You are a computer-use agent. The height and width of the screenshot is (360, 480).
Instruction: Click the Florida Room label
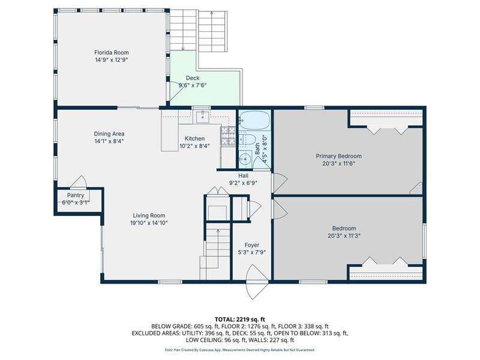pyautogui.click(x=112, y=52)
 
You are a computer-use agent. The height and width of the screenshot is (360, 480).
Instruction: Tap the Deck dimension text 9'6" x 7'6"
pyautogui.click(x=193, y=85)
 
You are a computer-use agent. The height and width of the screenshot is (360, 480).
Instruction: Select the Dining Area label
pyautogui.click(x=109, y=134)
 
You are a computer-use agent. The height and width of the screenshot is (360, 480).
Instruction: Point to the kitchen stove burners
pyautogui.click(x=227, y=136)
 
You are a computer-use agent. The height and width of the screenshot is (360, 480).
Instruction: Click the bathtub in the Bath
pyautogui.click(x=254, y=121)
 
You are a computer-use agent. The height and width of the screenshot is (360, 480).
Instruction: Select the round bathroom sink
pyautogui.click(x=245, y=159)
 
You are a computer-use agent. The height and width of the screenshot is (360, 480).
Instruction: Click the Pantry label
pyautogui.click(x=76, y=196)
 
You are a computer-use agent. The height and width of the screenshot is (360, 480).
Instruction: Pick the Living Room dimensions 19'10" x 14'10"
pyautogui.click(x=149, y=223)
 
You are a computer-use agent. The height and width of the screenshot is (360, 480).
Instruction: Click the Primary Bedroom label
pyautogui.click(x=338, y=156)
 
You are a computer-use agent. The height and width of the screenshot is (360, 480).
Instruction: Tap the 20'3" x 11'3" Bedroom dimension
pyautogui.click(x=344, y=236)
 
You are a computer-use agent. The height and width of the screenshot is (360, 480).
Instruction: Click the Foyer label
pyautogui.click(x=251, y=245)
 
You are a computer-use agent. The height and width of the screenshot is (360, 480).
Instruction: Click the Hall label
pyautogui.click(x=244, y=176)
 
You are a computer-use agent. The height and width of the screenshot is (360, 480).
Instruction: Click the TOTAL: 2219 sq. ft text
pyautogui.click(x=239, y=320)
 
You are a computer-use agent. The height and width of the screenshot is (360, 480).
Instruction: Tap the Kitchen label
pyautogui.click(x=194, y=139)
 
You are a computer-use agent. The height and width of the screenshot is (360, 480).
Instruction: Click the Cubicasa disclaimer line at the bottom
pyautogui.click(x=239, y=350)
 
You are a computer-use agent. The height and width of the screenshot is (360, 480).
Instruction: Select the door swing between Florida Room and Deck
pyautogui.click(x=176, y=91)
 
